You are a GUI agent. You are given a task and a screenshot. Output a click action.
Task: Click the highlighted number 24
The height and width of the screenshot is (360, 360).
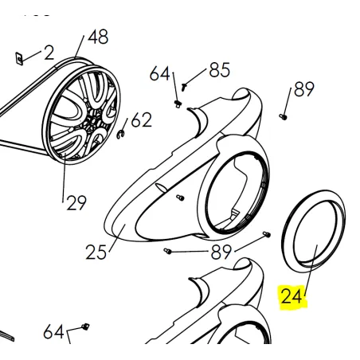292,295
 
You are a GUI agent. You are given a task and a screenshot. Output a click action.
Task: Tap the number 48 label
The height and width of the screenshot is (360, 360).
98,37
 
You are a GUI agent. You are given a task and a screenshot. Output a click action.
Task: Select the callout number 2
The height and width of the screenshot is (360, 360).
49,53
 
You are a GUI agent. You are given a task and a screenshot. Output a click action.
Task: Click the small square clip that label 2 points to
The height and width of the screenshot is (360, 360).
19,58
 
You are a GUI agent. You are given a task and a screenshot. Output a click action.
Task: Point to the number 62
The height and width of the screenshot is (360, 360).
142,119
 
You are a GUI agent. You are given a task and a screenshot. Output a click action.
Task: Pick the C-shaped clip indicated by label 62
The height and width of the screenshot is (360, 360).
121,134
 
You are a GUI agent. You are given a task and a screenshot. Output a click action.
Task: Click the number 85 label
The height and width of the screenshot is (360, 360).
219,70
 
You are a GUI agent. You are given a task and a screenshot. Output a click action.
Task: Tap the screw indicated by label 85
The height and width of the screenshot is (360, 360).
184,86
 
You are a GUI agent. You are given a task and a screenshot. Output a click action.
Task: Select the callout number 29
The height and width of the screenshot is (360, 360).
76,203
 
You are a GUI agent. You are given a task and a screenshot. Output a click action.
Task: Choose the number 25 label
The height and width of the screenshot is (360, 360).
96,252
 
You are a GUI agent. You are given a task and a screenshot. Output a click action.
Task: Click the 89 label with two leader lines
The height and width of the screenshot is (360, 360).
221,252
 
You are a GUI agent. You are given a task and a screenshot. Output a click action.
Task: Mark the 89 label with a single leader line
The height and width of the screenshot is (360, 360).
304,88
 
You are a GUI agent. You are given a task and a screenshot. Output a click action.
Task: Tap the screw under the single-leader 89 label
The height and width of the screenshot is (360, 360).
284,116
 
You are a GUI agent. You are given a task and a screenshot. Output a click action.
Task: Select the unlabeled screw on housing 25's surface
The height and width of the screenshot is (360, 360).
180,198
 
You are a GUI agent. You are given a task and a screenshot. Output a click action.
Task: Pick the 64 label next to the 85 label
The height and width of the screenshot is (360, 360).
159,73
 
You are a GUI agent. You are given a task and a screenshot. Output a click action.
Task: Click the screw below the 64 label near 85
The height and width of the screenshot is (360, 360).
177,104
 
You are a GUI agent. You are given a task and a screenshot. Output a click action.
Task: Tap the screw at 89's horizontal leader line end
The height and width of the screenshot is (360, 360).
167,251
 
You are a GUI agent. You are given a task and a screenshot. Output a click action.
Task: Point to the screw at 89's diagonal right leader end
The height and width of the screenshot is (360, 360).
267,234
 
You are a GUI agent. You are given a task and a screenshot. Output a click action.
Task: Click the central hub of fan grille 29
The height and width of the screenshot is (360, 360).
93,118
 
